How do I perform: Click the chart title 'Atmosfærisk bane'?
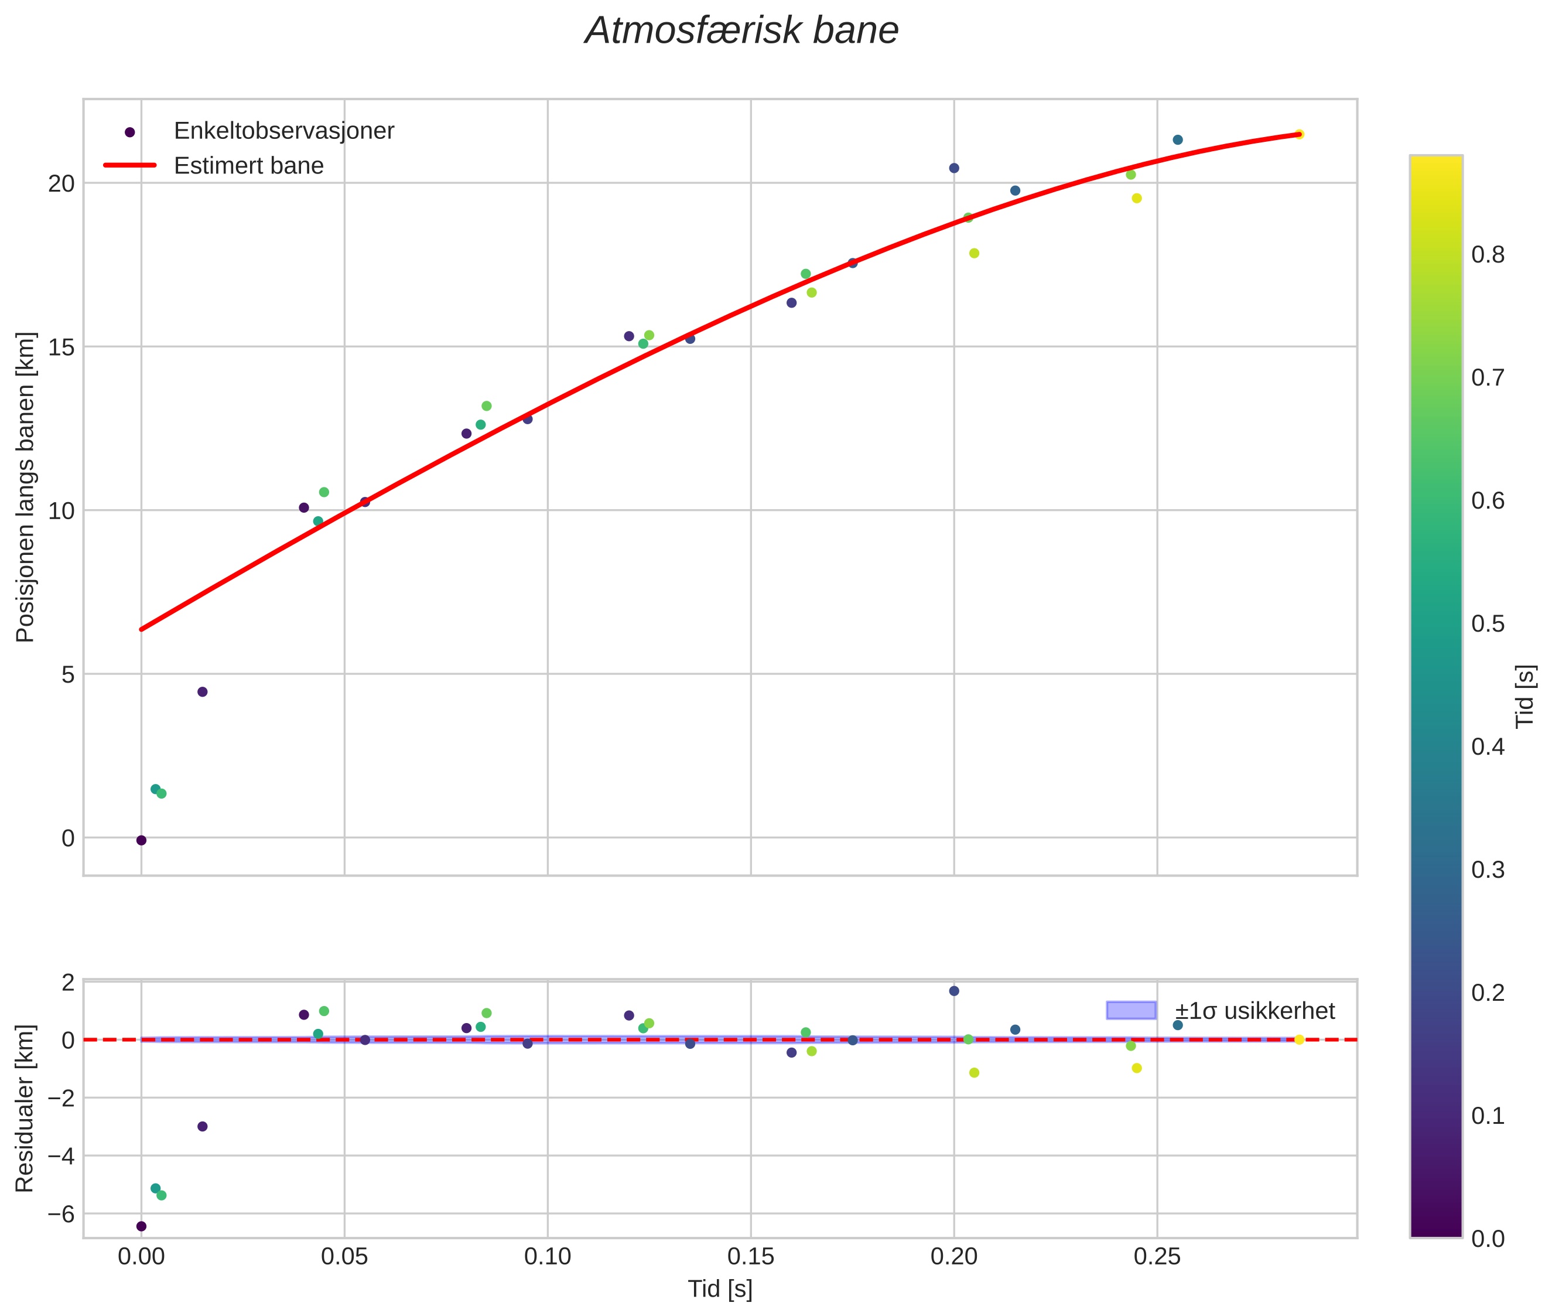pyautogui.click(x=741, y=31)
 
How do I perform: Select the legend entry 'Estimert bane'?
pyautogui.click(x=248, y=166)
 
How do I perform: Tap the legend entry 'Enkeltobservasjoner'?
pyautogui.click(x=283, y=131)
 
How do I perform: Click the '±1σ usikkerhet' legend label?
pyautogui.click(x=1254, y=1011)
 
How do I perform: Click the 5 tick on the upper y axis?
pyautogui.click(x=68, y=674)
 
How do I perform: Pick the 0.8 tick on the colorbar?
pyautogui.click(x=1487, y=254)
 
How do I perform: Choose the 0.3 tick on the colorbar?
pyautogui.click(x=1487, y=870)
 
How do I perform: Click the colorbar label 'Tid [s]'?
pyautogui.click(x=1526, y=697)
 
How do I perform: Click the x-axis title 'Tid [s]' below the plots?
pyautogui.click(x=720, y=1289)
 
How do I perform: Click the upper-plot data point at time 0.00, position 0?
pyautogui.click(x=141, y=841)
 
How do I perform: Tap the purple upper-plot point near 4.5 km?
pyautogui.click(x=202, y=691)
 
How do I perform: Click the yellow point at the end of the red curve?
pyautogui.click(x=1298, y=134)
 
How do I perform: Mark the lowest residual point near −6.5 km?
pyautogui.click(x=141, y=1226)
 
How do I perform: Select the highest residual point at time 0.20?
pyautogui.click(x=954, y=991)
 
